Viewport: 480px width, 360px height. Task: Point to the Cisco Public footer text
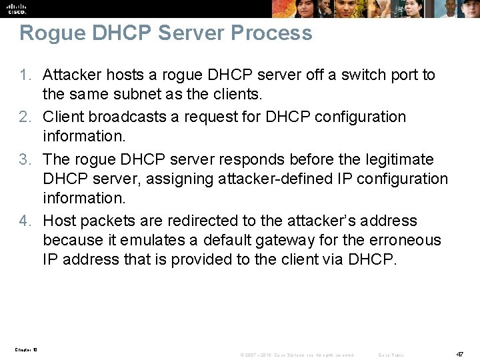point(391,355)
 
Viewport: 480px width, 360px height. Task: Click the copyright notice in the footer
point(296,355)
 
